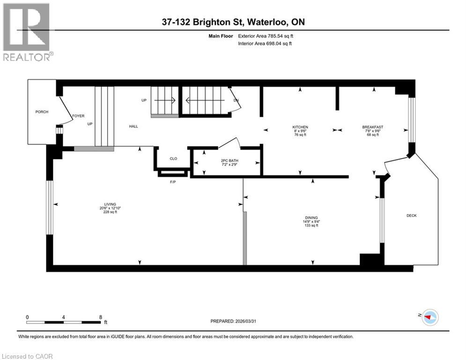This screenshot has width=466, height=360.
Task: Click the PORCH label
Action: tap(42, 112)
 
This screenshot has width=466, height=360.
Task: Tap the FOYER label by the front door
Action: tap(78, 116)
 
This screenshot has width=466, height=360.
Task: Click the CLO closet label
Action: tap(173, 158)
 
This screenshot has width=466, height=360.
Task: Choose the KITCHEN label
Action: tap(300, 127)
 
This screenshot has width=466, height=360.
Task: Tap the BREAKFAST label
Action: tap(373, 127)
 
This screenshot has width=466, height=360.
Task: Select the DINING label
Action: tap(311, 217)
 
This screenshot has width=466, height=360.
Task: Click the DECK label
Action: tap(411, 216)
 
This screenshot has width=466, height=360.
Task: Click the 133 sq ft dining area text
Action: tap(311, 225)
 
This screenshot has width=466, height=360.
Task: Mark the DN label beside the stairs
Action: tap(236, 100)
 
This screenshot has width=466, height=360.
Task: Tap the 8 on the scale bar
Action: tap(101, 317)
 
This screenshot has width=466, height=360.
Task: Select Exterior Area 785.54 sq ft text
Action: tap(266, 36)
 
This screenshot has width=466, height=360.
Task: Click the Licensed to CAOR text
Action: tap(28, 356)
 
